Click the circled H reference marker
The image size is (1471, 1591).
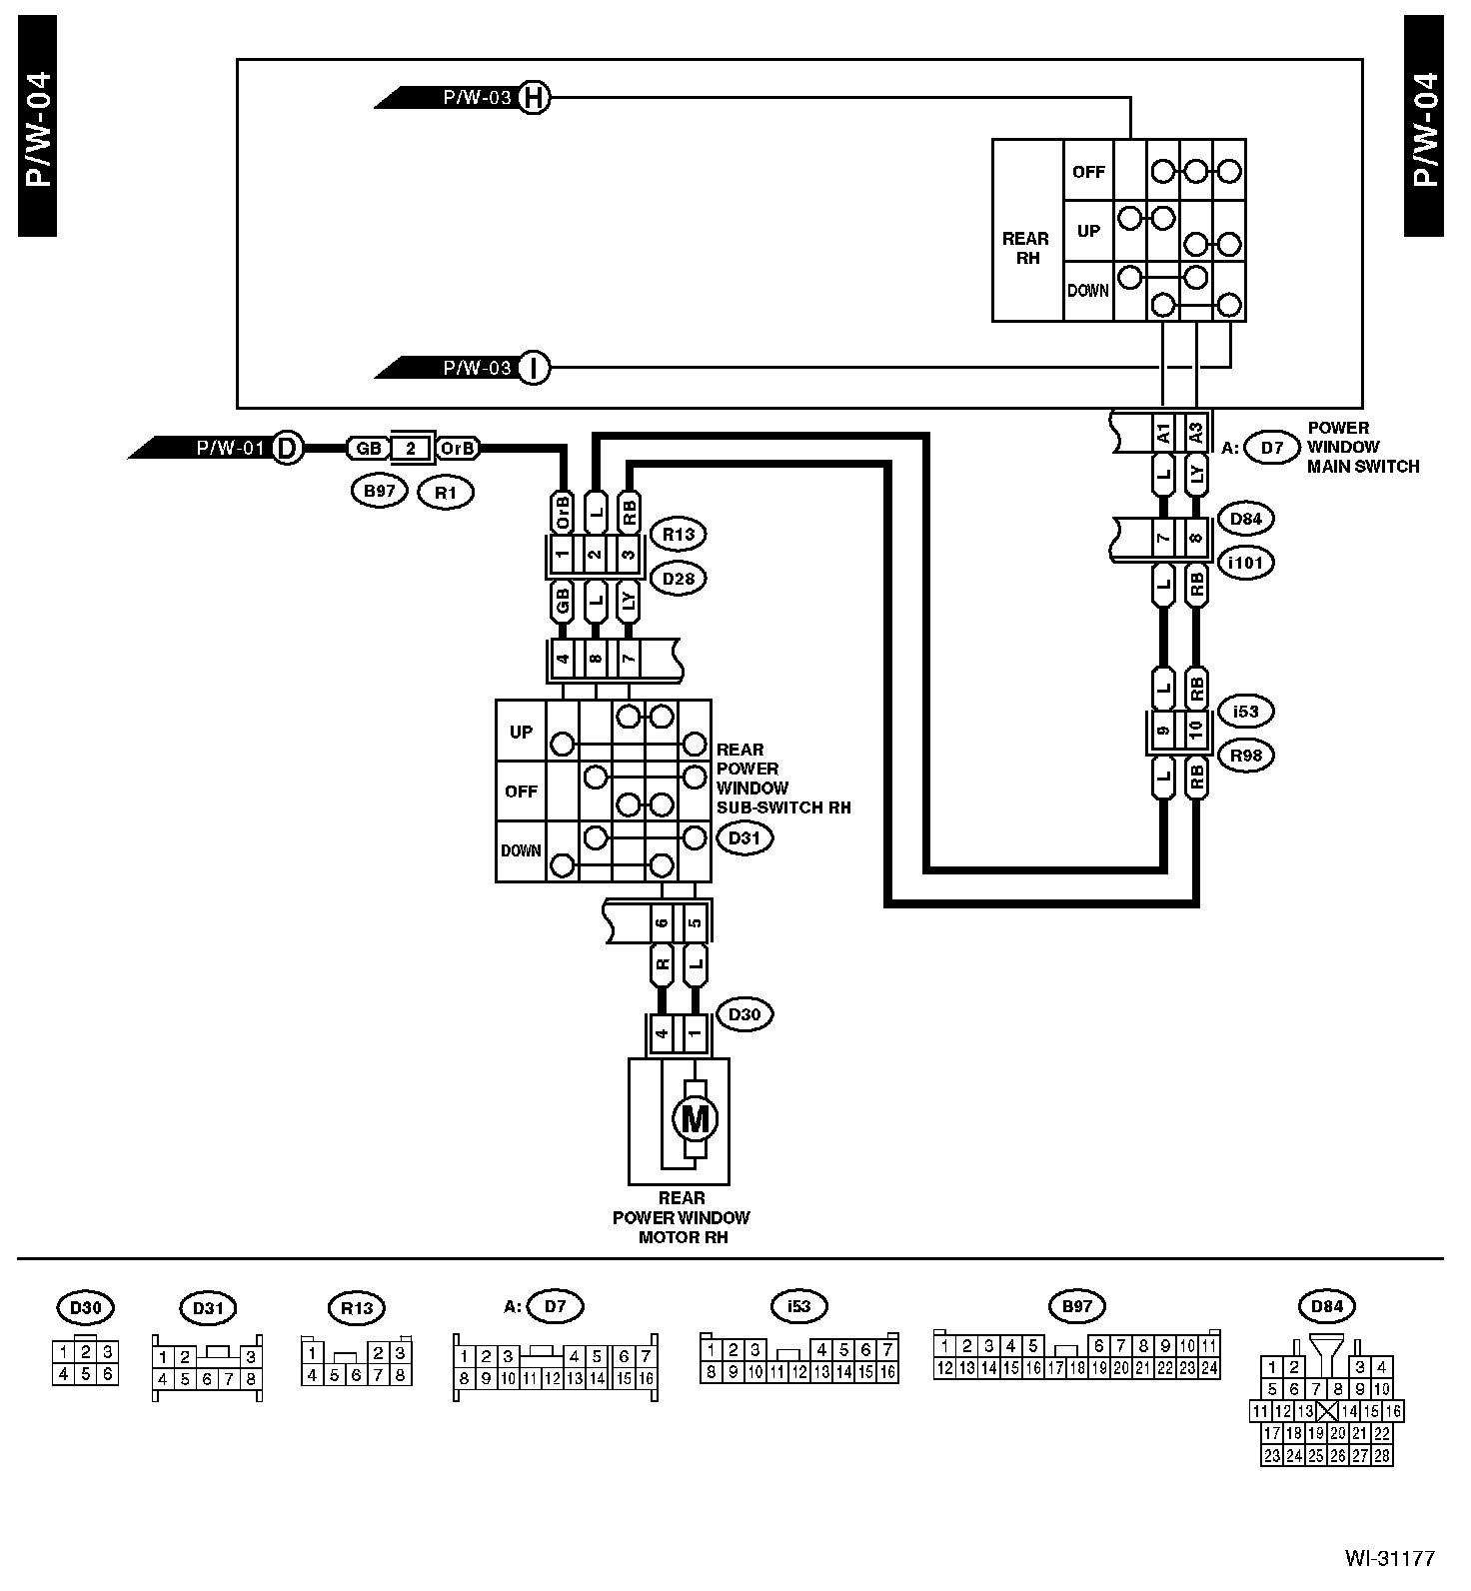coord(535,98)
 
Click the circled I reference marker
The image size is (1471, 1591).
coord(535,368)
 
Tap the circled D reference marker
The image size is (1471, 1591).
coord(287,448)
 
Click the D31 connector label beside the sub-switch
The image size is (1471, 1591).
coord(743,837)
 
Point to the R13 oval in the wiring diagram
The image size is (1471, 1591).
coord(678,535)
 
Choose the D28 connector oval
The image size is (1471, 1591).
coord(678,578)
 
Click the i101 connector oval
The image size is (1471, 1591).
coord(1246,563)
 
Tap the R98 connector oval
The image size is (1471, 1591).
coord(1246,756)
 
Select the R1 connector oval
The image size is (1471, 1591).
coord(446,492)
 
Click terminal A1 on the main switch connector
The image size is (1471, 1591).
coord(1163,433)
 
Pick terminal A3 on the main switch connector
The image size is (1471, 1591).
coord(1195,433)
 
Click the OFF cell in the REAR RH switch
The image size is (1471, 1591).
coord(1088,172)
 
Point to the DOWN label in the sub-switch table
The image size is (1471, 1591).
coord(521,851)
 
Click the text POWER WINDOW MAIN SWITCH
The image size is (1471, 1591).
coord(1362,447)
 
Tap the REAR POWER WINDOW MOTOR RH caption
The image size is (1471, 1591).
coord(681,1217)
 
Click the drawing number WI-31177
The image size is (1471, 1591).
coord(1389,1558)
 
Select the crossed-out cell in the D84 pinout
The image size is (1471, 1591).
coord(1327,1411)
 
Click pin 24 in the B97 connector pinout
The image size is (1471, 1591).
coord(1210,1368)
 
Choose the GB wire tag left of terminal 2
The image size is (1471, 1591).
coord(368,449)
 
